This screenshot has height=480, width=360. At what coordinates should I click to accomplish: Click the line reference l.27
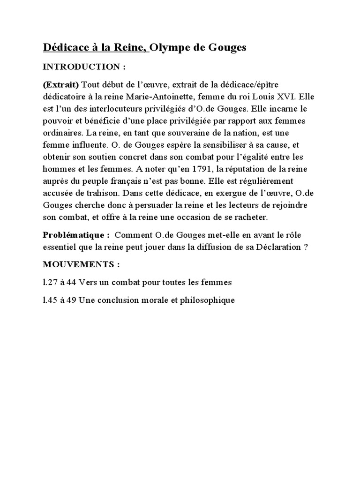coord(50,282)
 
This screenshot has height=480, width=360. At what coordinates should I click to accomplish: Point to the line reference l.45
coord(50,300)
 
